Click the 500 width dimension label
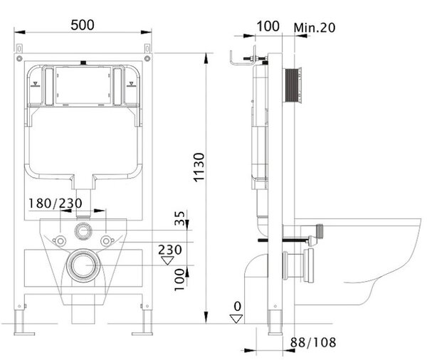(83, 25)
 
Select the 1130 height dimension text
(199, 167)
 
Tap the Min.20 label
(315, 28)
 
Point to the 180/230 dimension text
(56, 203)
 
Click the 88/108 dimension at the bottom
(313, 342)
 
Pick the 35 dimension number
(180, 218)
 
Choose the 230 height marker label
(170, 250)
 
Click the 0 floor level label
(238, 307)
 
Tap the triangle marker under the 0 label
(236, 319)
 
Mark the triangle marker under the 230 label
(167, 260)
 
